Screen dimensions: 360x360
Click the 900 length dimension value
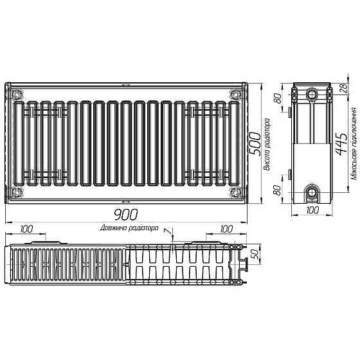point(126,215)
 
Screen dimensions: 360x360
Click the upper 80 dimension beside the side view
point(278,100)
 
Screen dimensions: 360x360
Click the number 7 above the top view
point(165,231)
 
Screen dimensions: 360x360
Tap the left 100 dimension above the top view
point(26,229)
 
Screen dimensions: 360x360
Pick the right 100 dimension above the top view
point(226,229)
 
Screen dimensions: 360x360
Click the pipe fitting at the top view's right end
point(244,264)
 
